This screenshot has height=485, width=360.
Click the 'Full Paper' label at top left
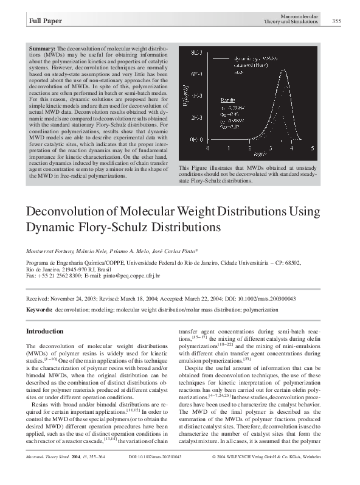(x=44, y=22)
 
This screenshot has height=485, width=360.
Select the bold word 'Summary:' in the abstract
(x=41, y=47)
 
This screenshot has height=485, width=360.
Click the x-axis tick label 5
(x=312, y=148)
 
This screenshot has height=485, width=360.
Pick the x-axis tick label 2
(x=250, y=148)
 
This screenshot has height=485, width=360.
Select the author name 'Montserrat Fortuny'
(x=46, y=251)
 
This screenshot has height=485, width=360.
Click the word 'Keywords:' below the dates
(x=38, y=309)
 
